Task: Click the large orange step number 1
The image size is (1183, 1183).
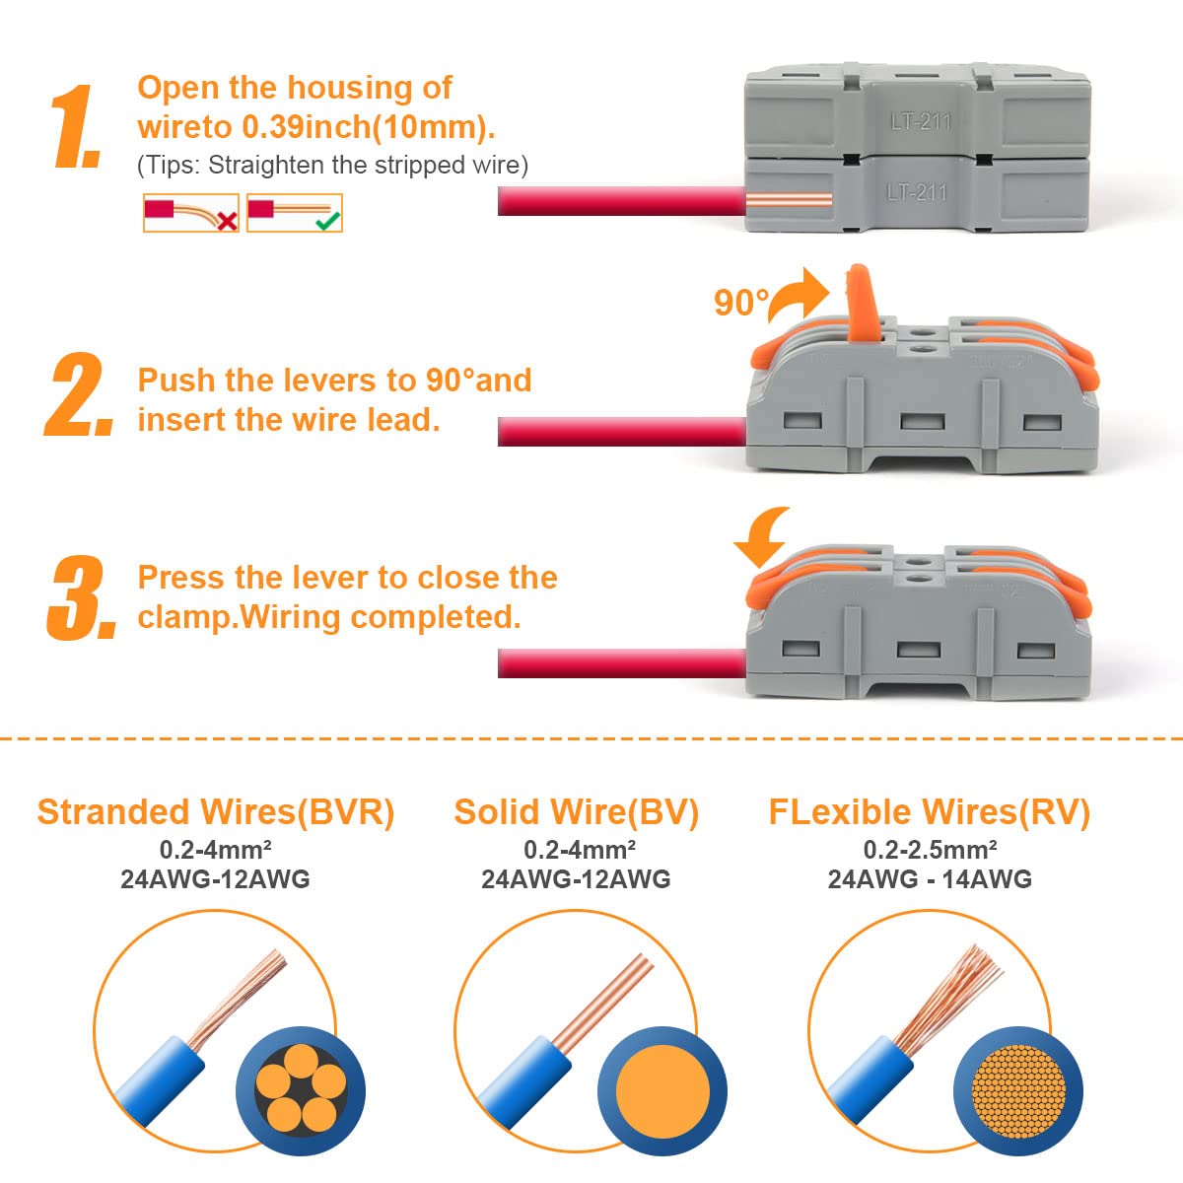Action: [x=77, y=126]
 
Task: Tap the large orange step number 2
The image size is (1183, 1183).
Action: [x=79, y=394]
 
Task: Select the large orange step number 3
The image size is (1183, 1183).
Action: [x=81, y=597]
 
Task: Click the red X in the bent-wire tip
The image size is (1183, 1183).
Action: [x=227, y=221]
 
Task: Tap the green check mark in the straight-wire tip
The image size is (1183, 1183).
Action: [x=328, y=221]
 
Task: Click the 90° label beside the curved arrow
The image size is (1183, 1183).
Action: [x=741, y=303]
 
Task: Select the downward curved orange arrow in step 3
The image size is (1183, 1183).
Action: [x=762, y=536]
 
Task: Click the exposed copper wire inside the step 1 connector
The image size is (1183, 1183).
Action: [x=789, y=201]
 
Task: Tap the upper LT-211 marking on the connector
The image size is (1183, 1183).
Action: [x=921, y=121]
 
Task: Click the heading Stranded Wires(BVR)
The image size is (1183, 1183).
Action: [x=216, y=812]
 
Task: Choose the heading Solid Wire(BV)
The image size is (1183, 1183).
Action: [x=576, y=812]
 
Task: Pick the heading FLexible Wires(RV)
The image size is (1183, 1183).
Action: [x=930, y=812]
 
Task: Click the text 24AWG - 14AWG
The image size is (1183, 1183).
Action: [x=930, y=879]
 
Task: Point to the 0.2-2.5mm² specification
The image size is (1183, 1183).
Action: [x=930, y=850]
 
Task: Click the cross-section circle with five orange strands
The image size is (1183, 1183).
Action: [x=301, y=1091]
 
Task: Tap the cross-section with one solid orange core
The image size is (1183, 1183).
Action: [x=662, y=1091]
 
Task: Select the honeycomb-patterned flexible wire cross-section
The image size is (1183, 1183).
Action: [x=1018, y=1091]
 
